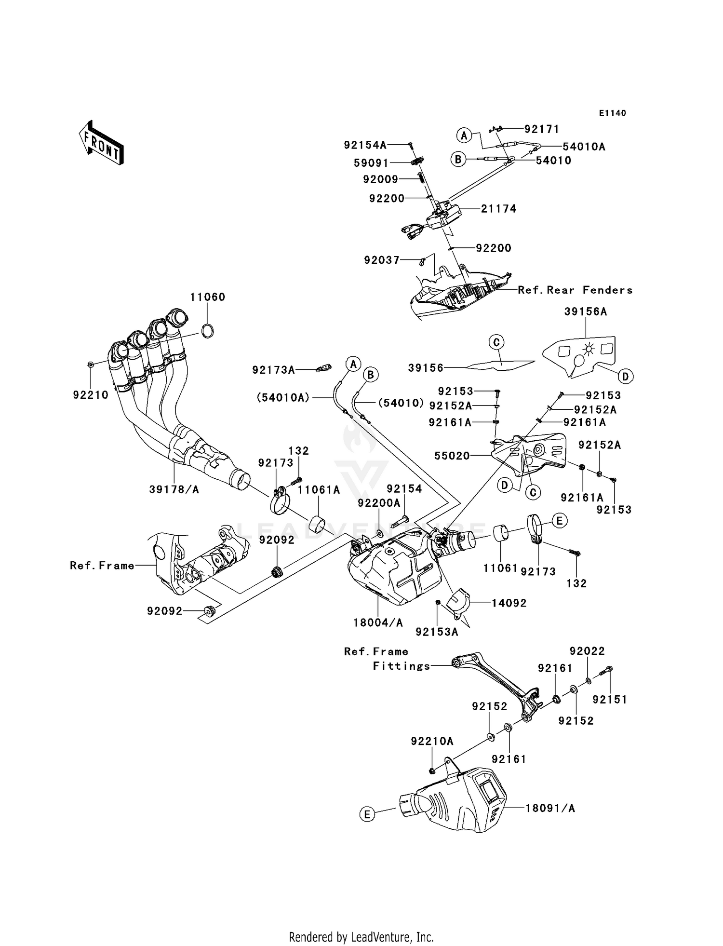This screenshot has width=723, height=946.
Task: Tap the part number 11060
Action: coord(207,297)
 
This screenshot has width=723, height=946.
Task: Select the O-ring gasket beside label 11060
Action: coord(207,331)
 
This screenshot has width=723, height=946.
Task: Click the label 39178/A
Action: coord(174,489)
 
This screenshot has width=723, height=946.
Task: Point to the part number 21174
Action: coord(498,209)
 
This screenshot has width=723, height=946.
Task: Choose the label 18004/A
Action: coord(378,623)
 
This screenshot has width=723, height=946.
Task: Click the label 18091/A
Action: coord(550,808)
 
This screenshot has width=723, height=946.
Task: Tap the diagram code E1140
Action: coord(612,113)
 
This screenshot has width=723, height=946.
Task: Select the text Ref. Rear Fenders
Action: coord(575,290)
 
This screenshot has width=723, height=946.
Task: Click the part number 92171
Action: coord(541,129)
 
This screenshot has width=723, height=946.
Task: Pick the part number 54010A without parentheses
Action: coord(584,147)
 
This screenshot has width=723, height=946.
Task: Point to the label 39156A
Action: coord(585,312)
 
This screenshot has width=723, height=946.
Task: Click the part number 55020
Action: coord(452,456)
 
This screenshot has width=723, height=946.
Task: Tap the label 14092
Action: coord(509,603)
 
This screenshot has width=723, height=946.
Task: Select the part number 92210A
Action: coord(432,741)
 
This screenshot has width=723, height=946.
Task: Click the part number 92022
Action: coord(587,651)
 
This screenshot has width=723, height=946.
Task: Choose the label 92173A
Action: coord(273,370)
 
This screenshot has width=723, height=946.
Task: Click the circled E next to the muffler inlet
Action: coord(367,814)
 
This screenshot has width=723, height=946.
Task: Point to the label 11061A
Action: coord(319,490)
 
